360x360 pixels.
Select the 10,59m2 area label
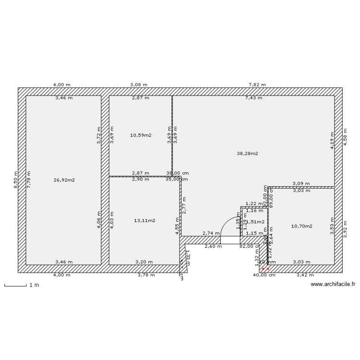click(141, 135)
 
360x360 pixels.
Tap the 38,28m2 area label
click(248, 154)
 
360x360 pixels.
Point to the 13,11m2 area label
click(145, 221)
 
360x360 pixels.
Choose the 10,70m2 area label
click(302, 226)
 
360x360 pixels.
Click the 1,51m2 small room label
click(255, 222)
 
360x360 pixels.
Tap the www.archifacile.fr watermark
click(333, 284)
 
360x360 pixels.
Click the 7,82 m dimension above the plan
click(257, 84)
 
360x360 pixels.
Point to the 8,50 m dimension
click(15, 180)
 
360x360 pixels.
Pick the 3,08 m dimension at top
click(139, 84)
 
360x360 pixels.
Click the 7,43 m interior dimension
click(253, 98)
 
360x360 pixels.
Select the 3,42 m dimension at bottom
click(305, 275)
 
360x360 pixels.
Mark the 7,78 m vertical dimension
click(28, 180)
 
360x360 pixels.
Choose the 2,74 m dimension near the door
click(211, 233)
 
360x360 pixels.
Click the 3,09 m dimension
click(301, 183)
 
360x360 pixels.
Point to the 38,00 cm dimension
click(177, 173)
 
